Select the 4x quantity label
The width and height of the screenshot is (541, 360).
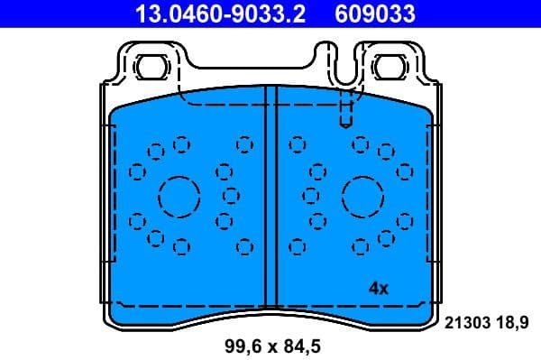tap(378, 289)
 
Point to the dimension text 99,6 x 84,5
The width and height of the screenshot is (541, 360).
tap(271, 346)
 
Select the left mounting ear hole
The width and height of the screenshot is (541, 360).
tap(149, 66)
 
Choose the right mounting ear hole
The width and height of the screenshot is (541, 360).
tap(391, 66)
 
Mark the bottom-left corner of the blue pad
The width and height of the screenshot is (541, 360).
tap(111, 318)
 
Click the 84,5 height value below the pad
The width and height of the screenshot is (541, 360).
tap(303, 346)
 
